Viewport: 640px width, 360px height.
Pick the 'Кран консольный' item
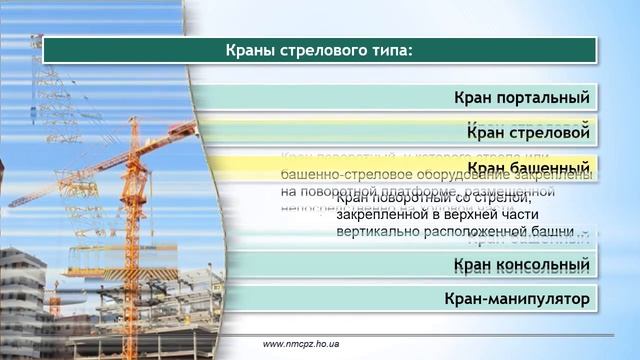coord(521,265)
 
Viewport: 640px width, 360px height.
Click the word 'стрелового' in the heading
coord(317,51)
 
